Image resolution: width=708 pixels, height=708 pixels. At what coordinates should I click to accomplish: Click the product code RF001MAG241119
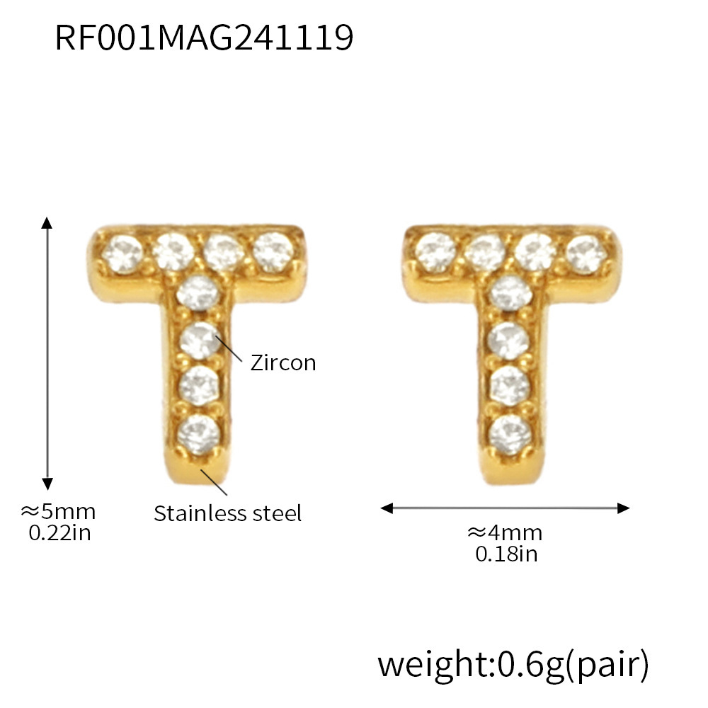[x=203, y=38]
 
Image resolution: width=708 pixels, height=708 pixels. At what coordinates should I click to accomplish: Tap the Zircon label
[x=283, y=363]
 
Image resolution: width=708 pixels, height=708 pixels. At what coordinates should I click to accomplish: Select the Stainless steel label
[x=228, y=513]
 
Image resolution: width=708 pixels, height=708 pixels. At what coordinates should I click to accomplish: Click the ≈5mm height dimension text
[x=58, y=511]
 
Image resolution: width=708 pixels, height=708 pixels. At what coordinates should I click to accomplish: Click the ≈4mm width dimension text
[x=505, y=532]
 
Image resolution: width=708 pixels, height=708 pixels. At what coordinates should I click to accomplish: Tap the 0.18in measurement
[x=506, y=554]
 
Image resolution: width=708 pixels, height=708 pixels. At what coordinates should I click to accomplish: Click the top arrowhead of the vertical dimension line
[x=47, y=222]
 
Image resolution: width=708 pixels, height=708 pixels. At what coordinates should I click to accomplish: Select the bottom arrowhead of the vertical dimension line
[x=47, y=484]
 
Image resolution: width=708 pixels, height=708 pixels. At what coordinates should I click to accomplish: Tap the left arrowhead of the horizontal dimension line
[x=387, y=508]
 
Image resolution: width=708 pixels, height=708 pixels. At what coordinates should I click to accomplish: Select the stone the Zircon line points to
[x=199, y=339]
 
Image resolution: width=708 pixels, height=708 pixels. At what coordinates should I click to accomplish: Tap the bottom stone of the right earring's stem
[x=510, y=430]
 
